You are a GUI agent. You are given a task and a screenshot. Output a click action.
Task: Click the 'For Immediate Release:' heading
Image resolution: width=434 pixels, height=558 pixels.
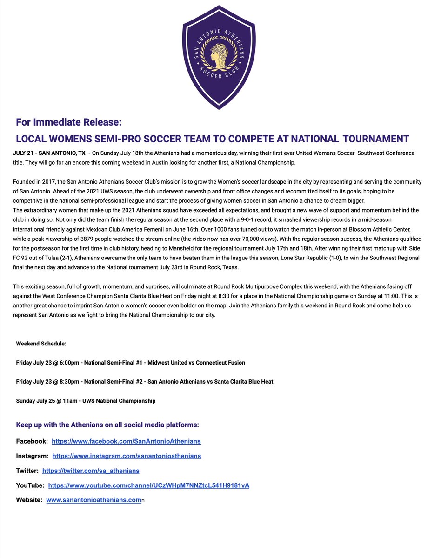tap(68, 122)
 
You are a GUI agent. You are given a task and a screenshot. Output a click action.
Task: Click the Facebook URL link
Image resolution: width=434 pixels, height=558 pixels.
tap(126, 441)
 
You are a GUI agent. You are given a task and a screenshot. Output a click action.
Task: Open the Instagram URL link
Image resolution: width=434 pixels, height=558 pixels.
tap(127, 456)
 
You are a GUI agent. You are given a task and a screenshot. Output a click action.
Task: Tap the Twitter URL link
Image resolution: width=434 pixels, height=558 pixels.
tap(91, 471)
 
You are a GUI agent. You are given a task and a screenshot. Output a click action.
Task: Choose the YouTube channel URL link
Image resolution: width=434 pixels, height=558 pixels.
tap(149, 485)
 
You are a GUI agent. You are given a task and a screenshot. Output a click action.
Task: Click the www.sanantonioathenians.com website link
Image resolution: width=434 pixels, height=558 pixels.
tap(93, 500)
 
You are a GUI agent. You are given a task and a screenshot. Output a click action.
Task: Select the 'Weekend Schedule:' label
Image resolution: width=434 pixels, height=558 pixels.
tap(41, 344)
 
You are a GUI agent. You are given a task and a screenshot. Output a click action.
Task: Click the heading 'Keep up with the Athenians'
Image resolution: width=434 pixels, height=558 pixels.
tap(107, 425)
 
